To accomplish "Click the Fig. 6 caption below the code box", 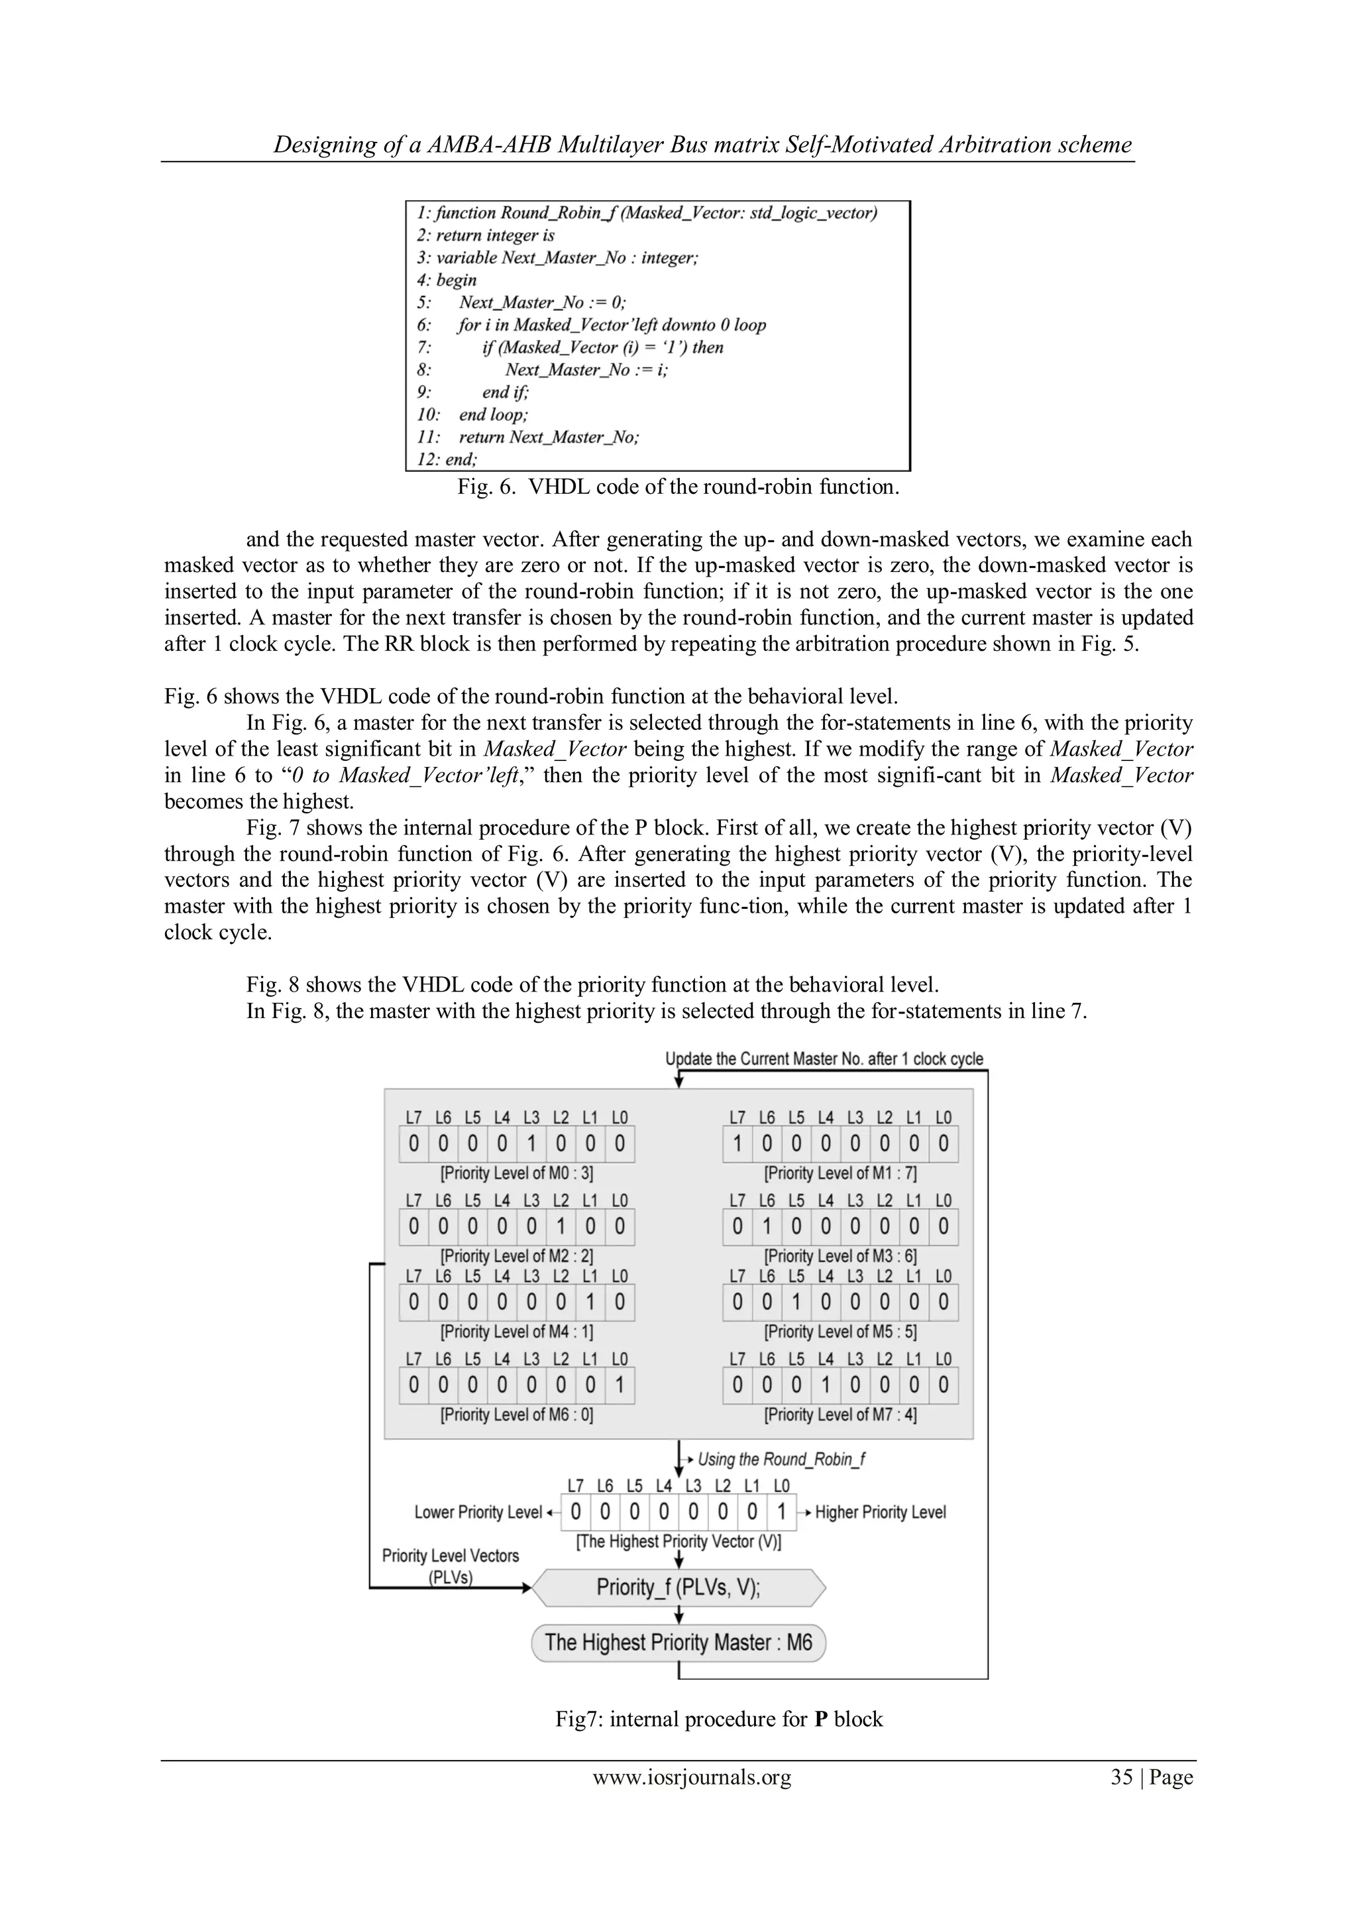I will (x=678, y=487).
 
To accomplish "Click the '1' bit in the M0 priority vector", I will (x=531, y=1144).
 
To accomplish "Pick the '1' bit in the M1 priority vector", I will (x=737, y=1144).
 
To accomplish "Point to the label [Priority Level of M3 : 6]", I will (x=840, y=1255).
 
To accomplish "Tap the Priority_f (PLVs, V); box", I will (x=678, y=1587).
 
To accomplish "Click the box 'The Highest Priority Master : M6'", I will (x=678, y=1643).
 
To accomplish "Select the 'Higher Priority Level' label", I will (x=880, y=1512).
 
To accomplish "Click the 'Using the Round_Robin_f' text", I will (x=781, y=1460).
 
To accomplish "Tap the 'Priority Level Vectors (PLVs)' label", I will (x=451, y=1566).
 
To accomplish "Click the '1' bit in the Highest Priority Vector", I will (x=781, y=1512).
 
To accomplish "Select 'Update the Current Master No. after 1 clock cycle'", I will (x=824, y=1059).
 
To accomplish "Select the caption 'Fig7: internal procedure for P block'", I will (x=719, y=1719).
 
